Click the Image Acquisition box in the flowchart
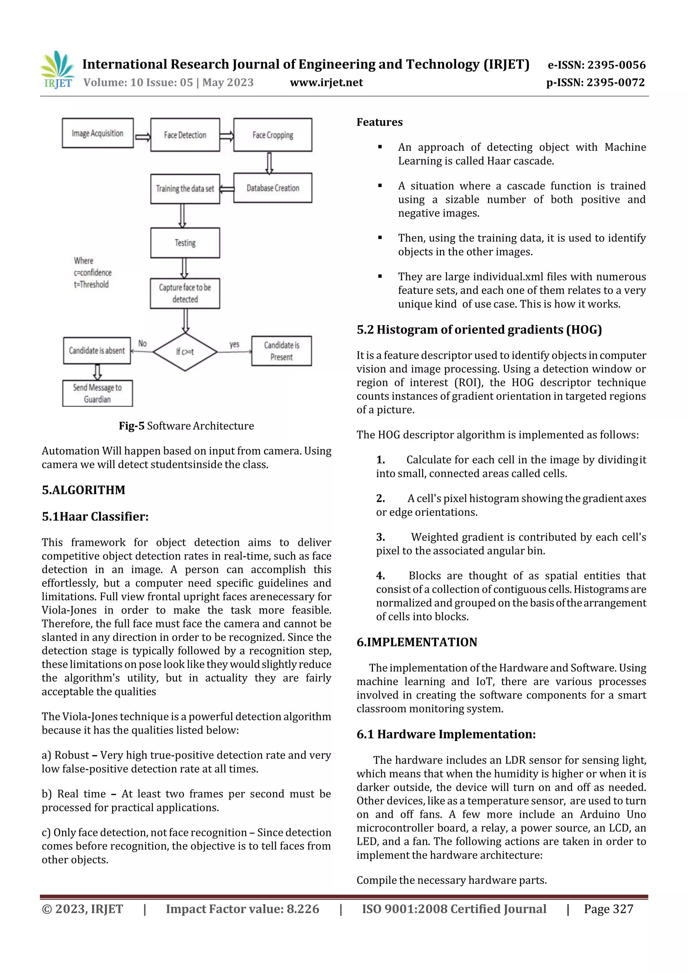pos(97,133)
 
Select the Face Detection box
pos(185,135)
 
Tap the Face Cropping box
pos(272,135)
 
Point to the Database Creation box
pos(272,188)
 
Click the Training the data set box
pos(185,188)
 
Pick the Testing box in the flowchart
pos(185,243)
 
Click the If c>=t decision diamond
pos(185,352)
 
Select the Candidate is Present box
pos(282,351)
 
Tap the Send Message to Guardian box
pos(97,393)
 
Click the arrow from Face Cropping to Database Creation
pos(269,163)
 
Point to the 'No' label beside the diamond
pos(142,344)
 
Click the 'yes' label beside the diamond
pos(234,344)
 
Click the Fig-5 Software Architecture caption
pos(186,426)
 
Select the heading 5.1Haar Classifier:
pos(95,517)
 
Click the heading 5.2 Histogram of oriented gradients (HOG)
pos(479,330)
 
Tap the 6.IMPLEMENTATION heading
pos(417,642)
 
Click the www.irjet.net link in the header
pos(327,83)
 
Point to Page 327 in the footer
pos(608,909)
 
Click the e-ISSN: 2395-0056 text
pos(596,65)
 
